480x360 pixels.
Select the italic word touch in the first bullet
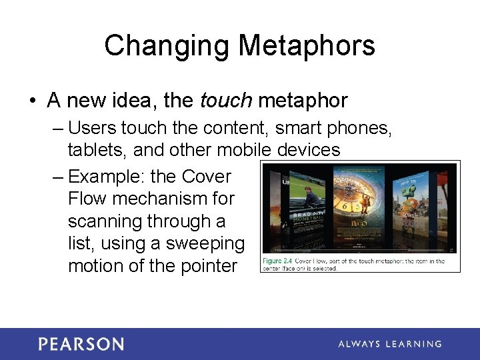[x=225, y=101]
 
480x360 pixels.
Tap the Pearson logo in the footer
[x=81, y=344]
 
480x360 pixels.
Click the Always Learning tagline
[x=389, y=344]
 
